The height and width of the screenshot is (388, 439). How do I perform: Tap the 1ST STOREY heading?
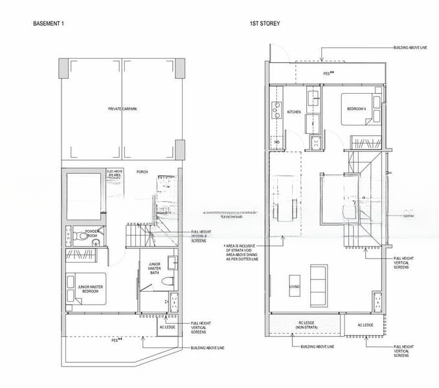pyautogui.click(x=264, y=23)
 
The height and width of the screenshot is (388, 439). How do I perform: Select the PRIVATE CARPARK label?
pyautogui.click(x=122, y=109)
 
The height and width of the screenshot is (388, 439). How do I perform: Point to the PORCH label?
pyautogui.click(x=142, y=172)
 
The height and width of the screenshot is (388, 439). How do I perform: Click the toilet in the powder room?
pyautogui.click(x=74, y=236)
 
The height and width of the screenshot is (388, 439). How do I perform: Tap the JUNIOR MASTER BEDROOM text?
pyautogui.click(x=89, y=289)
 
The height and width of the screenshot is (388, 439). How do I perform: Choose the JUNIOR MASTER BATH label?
pyautogui.click(x=155, y=268)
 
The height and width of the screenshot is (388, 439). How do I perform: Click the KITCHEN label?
pyautogui.click(x=294, y=112)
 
